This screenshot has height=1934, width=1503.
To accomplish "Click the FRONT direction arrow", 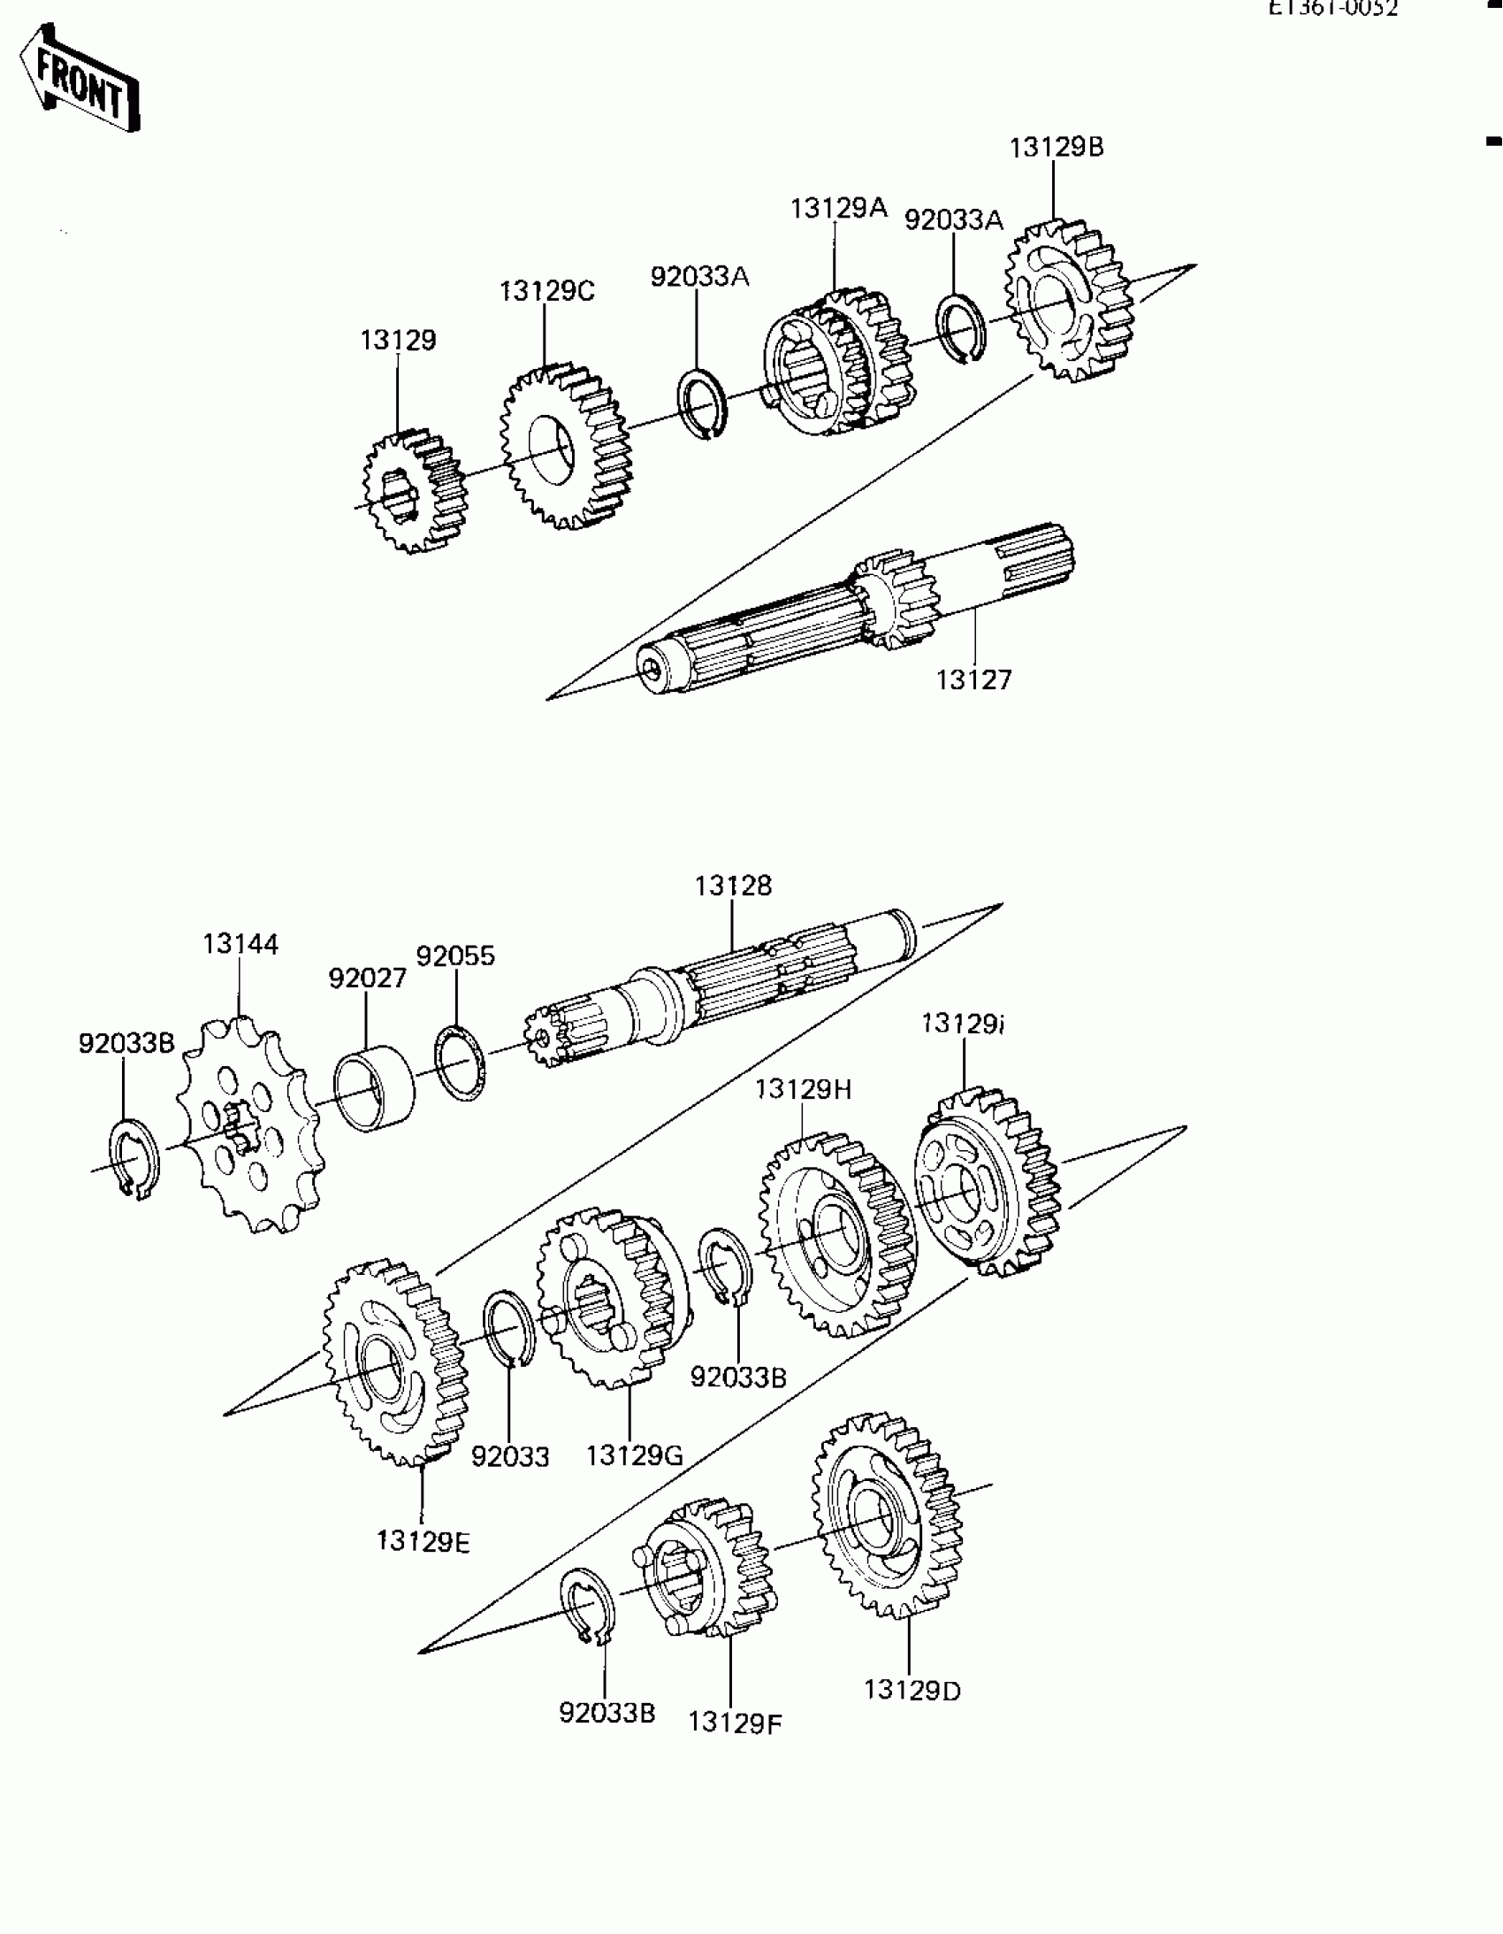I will [80, 80].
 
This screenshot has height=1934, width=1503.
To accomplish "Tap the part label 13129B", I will [1057, 147].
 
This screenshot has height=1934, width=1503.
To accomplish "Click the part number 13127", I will [973, 680].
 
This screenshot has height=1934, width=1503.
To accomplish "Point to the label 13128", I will [733, 886].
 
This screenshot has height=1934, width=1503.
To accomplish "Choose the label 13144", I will [240, 944].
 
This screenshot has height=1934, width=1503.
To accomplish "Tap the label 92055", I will [456, 956].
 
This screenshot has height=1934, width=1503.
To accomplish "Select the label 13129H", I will [803, 1089].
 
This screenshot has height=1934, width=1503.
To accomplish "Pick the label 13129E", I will [423, 1542].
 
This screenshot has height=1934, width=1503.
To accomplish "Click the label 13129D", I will [912, 1691].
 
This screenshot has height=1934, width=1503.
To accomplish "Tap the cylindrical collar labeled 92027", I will [373, 1089].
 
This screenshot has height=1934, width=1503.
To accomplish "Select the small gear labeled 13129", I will [414, 492].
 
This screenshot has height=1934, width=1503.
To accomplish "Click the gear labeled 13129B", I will [1068, 301].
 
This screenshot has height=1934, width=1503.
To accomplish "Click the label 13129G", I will [634, 1455].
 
